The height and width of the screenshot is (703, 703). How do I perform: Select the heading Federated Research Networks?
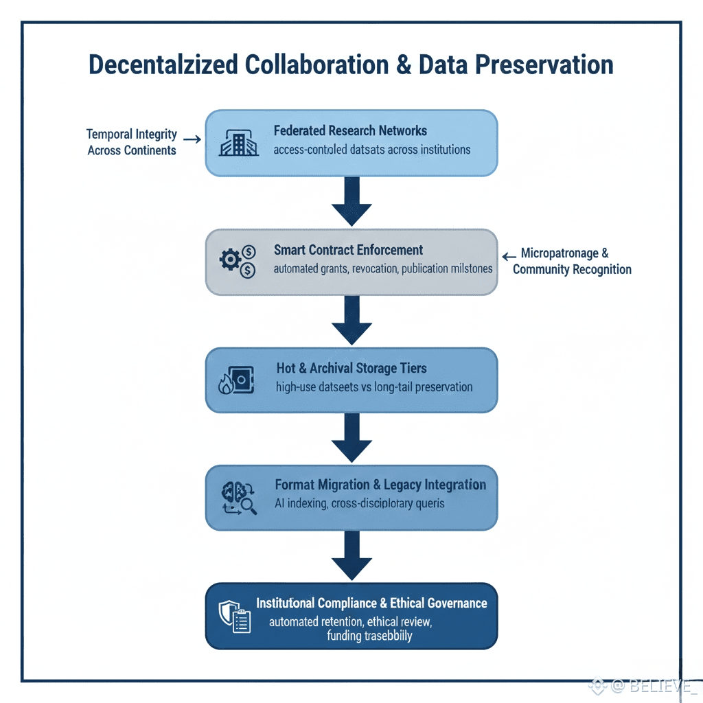350,130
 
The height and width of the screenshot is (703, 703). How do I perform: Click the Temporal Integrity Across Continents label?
132,141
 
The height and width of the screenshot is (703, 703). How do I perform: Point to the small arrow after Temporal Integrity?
192,139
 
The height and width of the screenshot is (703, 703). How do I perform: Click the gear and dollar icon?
237,262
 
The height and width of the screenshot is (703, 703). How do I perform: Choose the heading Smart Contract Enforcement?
348,250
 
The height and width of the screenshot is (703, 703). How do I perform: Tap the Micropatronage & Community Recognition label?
571,262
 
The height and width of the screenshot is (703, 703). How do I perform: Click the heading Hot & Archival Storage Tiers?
351,369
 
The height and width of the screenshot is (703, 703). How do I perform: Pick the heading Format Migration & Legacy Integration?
380,485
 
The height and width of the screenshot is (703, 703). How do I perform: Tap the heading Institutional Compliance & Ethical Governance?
371,603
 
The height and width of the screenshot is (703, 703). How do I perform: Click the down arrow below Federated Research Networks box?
351,200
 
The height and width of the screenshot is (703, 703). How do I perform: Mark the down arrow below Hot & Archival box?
351,437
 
